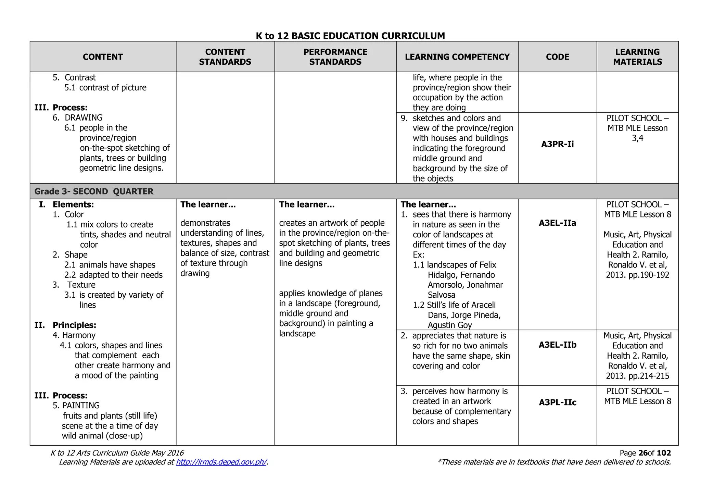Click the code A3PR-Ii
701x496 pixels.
click(557, 144)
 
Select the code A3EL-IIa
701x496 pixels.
click(557, 223)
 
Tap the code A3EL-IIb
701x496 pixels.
click(557, 345)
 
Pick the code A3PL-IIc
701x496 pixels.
click(557, 402)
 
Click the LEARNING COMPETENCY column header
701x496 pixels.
click(457, 57)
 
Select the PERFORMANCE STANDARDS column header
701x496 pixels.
click(335, 57)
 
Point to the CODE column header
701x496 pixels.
click(557, 57)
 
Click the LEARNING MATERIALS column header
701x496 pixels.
click(637, 57)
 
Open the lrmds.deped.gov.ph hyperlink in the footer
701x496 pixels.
click(221, 462)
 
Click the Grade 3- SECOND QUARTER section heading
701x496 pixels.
click(94, 191)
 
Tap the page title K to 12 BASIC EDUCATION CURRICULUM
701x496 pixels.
click(350, 36)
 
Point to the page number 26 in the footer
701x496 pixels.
click(643, 453)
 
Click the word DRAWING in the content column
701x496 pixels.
click(84, 117)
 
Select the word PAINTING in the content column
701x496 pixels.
click(81, 406)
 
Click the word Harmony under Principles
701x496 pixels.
click(79, 335)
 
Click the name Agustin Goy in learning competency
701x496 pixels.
click(449, 325)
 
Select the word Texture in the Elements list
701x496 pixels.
click(81, 285)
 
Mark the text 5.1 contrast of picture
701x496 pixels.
click(105, 88)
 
